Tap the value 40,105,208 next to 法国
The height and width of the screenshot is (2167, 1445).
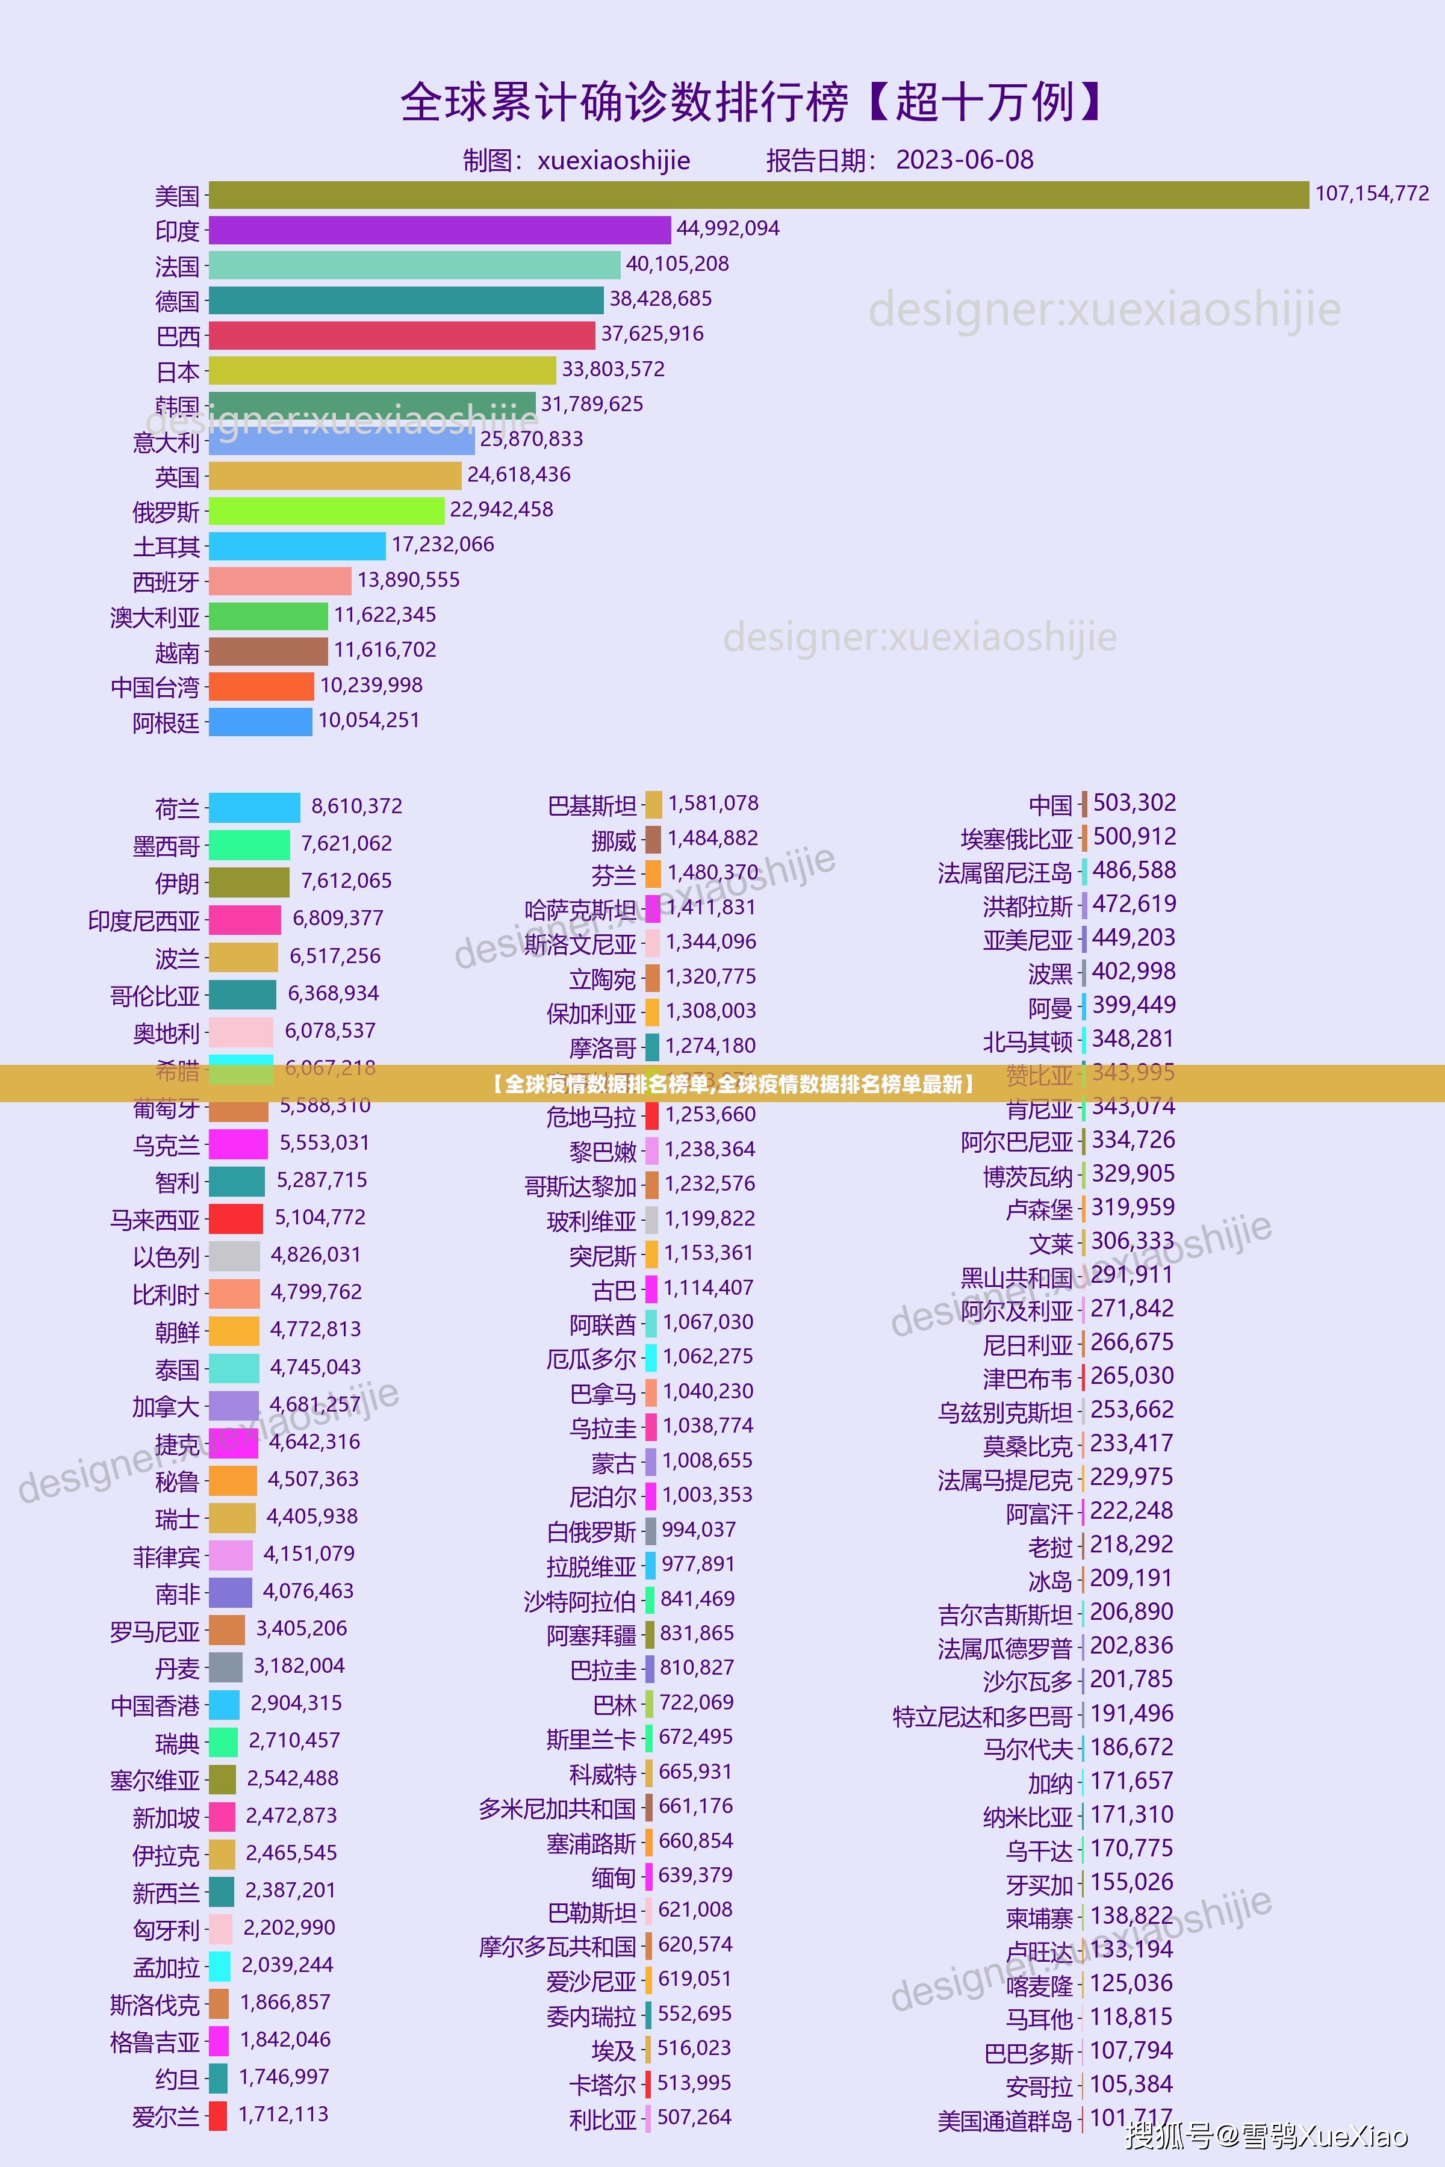coord(677,264)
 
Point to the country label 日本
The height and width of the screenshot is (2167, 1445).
coord(178,372)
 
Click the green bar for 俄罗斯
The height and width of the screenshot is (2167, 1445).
coord(326,511)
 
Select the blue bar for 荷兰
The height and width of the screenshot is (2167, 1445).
coord(254,808)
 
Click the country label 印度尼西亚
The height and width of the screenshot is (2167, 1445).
coord(144,920)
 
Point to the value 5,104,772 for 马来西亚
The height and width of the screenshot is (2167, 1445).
coord(320,1218)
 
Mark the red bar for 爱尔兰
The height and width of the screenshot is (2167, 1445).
coord(217,2115)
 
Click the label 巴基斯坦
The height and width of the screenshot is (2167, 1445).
coord(592,806)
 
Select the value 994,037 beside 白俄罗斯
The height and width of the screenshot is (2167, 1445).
coord(698,1530)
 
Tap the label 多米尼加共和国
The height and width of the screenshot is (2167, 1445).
coord(556,1808)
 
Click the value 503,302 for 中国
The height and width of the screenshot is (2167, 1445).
coord(1134,804)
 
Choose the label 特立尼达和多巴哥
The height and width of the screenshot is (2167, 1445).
coord(983,1716)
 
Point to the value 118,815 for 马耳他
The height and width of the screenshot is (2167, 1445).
coord(1131,2017)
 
